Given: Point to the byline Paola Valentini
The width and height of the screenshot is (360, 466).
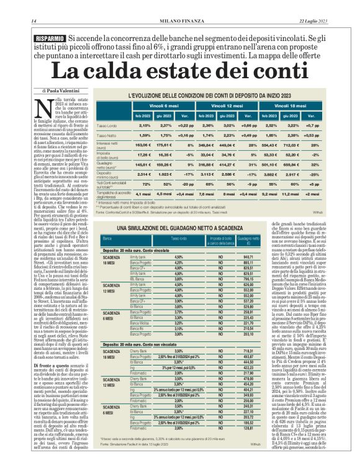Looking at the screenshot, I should pos(52,91).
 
